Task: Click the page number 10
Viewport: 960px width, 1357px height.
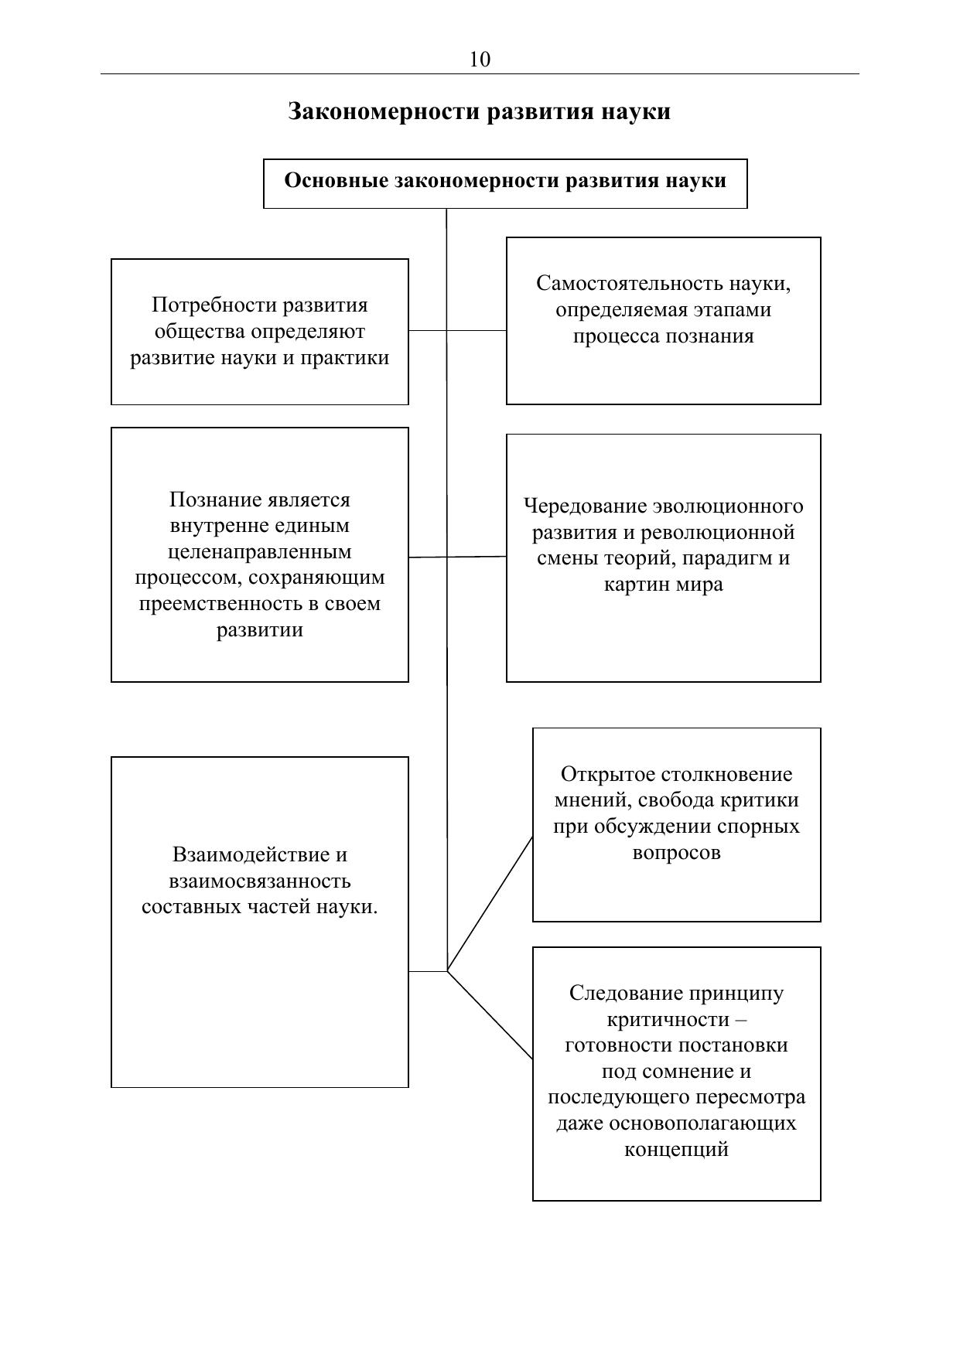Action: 480,60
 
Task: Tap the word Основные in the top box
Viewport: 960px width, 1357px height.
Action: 337,181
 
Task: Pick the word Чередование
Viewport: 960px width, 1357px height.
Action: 585,506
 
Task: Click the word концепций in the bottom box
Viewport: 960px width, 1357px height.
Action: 676,1149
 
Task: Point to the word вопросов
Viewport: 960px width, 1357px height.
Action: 676,853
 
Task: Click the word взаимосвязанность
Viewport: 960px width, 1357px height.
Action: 259,881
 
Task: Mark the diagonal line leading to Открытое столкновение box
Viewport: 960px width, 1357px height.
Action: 490,904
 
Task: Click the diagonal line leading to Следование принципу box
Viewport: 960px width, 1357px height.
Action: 490,1015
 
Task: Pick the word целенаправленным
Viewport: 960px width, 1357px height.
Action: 259,552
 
